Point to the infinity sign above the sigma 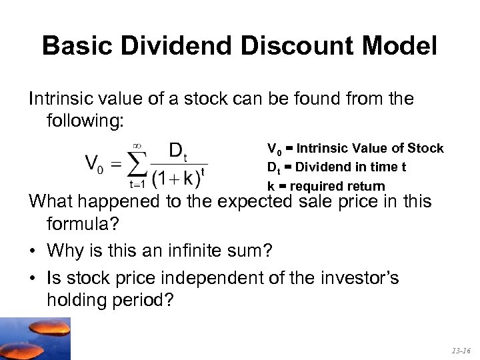click(137, 143)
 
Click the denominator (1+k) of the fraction click(172, 178)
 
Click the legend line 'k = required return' click(326, 187)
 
